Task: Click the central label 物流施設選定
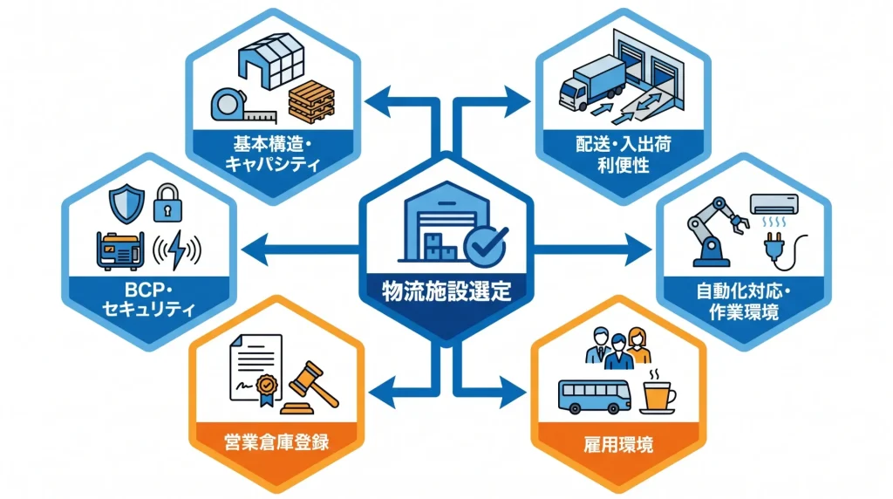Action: [446, 291]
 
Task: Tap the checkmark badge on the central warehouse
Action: [485, 245]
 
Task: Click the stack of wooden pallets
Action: [311, 102]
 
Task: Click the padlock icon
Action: [168, 202]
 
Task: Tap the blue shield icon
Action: [126, 203]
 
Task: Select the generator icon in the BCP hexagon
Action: [119, 250]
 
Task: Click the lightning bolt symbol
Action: [177, 249]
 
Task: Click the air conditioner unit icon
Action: [774, 204]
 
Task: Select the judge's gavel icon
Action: [310, 388]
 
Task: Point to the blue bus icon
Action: [595, 397]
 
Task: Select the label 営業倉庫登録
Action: [276, 442]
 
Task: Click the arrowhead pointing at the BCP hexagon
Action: [255, 249]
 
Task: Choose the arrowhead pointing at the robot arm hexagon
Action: [639, 249]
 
